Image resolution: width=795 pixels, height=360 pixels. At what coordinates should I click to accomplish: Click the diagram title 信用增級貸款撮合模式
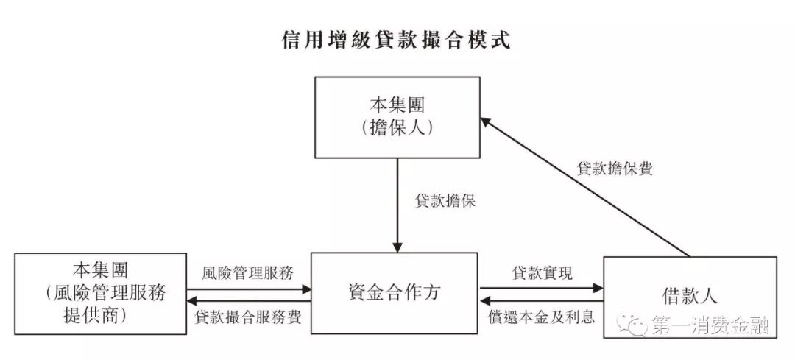coord(397,39)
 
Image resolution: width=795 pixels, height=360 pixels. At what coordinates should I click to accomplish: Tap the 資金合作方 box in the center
coord(394,293)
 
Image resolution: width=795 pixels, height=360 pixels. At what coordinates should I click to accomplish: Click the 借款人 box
coord(690,297)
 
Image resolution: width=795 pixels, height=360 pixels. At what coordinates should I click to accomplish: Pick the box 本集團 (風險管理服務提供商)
coord(100,293)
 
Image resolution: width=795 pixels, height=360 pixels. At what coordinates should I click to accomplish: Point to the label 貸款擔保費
coord(615,168)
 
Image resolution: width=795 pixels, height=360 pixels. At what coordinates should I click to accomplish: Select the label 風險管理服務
coord(248,272)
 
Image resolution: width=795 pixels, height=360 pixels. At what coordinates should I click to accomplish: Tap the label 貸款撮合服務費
coord(248,317)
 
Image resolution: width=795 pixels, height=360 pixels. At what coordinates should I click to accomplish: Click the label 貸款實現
coord(541,272)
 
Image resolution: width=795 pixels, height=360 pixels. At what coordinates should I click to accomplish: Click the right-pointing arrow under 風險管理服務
coord(249,288)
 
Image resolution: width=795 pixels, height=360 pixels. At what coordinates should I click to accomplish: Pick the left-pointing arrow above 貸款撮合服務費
coord(249,301)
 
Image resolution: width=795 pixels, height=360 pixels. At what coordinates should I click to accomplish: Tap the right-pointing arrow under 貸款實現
coord(541,288)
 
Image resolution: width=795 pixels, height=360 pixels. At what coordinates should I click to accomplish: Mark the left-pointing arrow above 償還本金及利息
coord(541,301)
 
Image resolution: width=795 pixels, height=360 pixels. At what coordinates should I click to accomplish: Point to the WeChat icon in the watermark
coord(632,324)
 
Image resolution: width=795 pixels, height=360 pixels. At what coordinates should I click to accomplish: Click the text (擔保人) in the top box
coord(397,127)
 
